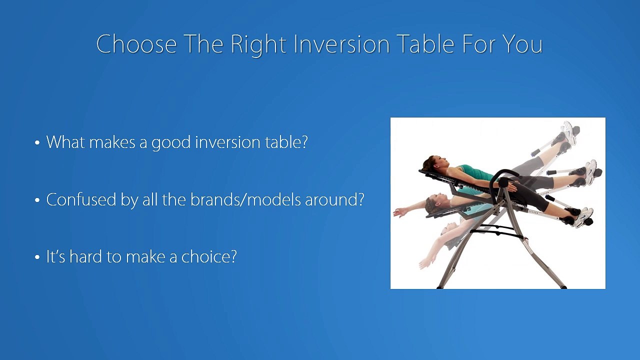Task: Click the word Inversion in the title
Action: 342,44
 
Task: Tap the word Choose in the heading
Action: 136,44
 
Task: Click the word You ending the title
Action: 522,44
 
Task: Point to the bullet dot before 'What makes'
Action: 37,143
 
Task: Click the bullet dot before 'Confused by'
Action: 37,201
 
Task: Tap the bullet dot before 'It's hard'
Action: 37,258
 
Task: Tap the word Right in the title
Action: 259,44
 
